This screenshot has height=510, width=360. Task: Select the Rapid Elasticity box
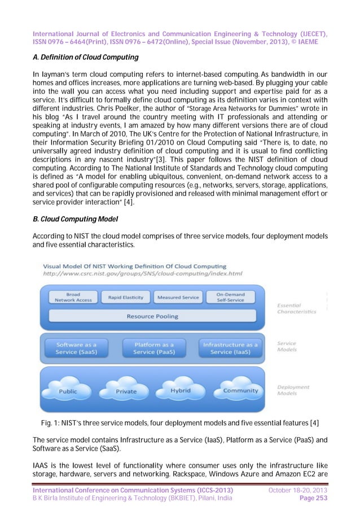click(x=125, y=297)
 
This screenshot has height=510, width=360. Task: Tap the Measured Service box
click(x=178, y=297)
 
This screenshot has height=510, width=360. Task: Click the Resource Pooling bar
click(x=152, y=316)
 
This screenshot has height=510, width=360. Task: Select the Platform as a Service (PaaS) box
click(x=154, y=348)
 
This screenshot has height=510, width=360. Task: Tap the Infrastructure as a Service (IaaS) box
click(x=230, y=348)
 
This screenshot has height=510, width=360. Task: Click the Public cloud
click(x=68, y=390)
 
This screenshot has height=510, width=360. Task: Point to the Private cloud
click(x=126, y=390)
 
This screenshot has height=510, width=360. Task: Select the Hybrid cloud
click(x=181, y=390)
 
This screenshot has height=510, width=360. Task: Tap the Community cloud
click(x=240, y=390)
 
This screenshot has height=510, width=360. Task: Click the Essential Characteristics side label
click(x=296, y=308)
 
